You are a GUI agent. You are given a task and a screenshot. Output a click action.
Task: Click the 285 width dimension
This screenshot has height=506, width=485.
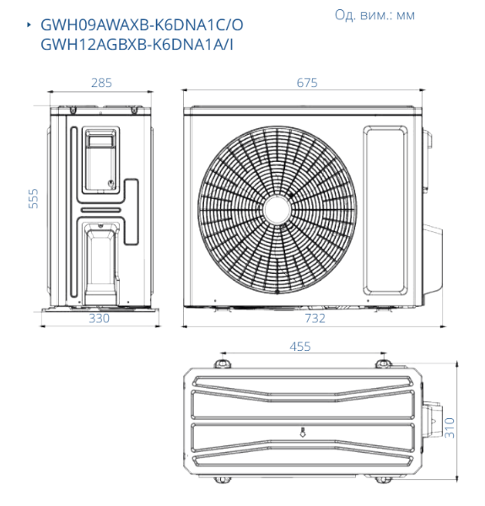coord(101,83)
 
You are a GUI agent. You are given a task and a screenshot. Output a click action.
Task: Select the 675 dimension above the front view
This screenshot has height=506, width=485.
coord(307,83)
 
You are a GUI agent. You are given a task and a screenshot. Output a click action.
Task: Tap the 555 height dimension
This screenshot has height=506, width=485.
coord(33,198)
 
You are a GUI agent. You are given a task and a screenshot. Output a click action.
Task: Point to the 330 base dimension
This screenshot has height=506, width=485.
coord(99,319)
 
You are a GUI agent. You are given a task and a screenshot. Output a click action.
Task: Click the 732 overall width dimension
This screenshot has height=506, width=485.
coord(315,319)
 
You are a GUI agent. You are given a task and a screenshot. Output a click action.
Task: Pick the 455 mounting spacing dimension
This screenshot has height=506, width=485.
coord(300,347)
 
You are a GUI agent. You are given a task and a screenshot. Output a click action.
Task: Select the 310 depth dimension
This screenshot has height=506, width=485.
coord(450,428)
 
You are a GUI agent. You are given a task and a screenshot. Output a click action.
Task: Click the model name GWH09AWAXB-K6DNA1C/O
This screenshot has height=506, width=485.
coord(142,25)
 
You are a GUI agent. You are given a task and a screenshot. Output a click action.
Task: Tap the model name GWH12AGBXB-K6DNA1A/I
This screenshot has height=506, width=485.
coord(137,45)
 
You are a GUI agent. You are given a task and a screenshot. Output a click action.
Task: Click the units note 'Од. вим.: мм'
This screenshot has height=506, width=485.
coord(375,15)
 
